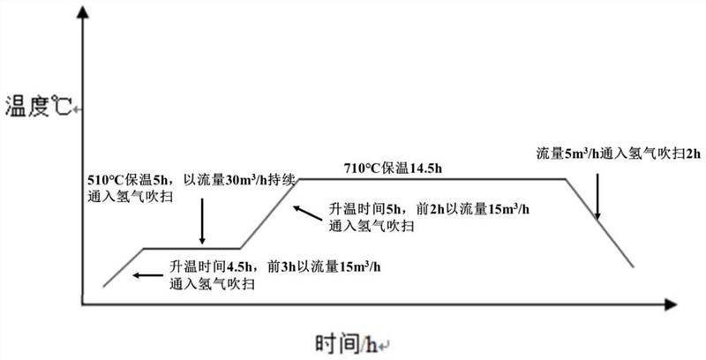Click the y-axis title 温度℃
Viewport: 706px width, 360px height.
(38, 107)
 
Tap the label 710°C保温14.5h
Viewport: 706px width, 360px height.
(393, 169)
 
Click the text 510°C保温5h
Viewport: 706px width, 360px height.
(127, 181)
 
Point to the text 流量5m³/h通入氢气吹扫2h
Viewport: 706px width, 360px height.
(619, 154)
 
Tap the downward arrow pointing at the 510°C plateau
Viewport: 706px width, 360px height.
(202, 221)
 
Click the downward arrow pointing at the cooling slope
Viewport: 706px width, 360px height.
(597, 196)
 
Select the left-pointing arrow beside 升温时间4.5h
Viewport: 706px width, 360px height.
(148, 275)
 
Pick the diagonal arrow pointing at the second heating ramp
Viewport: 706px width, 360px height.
(307, 214)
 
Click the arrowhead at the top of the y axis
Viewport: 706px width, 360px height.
(82, 11)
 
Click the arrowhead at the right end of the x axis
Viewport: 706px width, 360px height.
(671, 304)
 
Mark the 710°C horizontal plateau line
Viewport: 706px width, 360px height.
(432, 179)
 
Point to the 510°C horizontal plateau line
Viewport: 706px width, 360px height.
(192, 248)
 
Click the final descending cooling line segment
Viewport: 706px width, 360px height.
(599, 223)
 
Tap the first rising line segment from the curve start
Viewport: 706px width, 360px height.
(124, 267)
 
